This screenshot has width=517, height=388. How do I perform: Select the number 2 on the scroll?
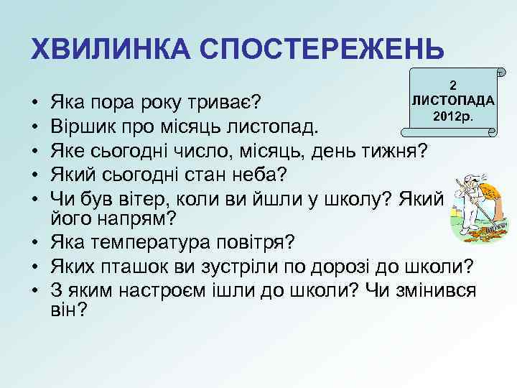tap(453, 85)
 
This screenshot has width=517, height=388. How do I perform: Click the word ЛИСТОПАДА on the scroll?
tap(452, 100)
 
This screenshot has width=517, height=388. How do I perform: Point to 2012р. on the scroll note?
tap(452, 116)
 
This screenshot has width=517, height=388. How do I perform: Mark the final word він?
tap(70, 310)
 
